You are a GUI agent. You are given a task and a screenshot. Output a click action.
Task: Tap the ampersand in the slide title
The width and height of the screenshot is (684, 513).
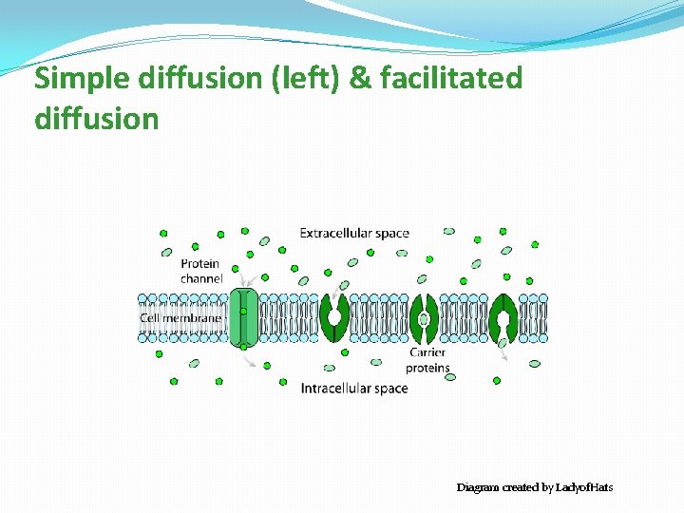tap(360, 78)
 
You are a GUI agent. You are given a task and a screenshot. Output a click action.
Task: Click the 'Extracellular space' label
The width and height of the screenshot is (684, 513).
tap(354, 233)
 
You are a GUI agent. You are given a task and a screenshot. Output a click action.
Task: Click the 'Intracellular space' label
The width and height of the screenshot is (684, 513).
tap(354, 388)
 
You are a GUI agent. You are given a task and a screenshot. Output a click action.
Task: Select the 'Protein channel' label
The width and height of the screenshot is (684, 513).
tap(200, 271)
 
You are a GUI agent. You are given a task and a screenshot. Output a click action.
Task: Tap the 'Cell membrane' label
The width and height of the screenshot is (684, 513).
tap(180, 317)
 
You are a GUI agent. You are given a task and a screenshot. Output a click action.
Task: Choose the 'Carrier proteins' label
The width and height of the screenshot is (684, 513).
tap(427, 360)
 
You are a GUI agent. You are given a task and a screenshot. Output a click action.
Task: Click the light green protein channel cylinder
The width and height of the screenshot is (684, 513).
tap(244, 316)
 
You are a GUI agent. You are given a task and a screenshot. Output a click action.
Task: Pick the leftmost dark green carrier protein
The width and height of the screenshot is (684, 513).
tap(334, 316)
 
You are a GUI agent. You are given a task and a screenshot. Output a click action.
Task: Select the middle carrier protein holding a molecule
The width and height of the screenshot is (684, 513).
tap(424, 316)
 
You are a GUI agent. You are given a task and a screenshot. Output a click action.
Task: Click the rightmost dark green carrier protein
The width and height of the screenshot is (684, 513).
tap(501, 316)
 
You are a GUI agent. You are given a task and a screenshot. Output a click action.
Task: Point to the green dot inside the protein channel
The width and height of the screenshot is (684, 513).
tap(243, 311)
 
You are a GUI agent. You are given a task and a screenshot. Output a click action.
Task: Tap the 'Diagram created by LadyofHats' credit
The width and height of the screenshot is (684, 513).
tap(535, 487)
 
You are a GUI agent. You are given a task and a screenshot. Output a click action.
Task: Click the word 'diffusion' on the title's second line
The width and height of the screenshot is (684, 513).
tap(96, 119)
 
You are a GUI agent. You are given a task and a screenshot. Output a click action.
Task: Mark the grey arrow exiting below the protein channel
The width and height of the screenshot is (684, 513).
tap(249, 359)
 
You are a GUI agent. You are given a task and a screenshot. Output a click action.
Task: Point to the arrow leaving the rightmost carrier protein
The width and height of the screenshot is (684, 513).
tap(503, 353)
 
